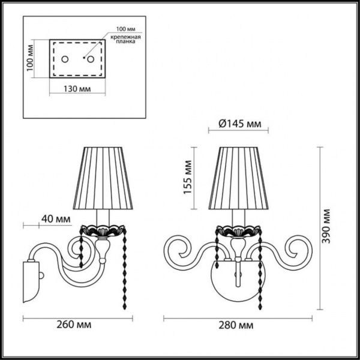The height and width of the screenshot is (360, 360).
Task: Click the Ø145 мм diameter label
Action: tap(238, 125)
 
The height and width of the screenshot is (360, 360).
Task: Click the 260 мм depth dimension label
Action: tap(75, 325)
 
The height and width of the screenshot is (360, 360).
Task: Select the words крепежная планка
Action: tap(127, 41)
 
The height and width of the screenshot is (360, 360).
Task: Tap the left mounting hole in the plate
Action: tap(67, 59)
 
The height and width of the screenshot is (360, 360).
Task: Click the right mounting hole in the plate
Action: tap(91, 59)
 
